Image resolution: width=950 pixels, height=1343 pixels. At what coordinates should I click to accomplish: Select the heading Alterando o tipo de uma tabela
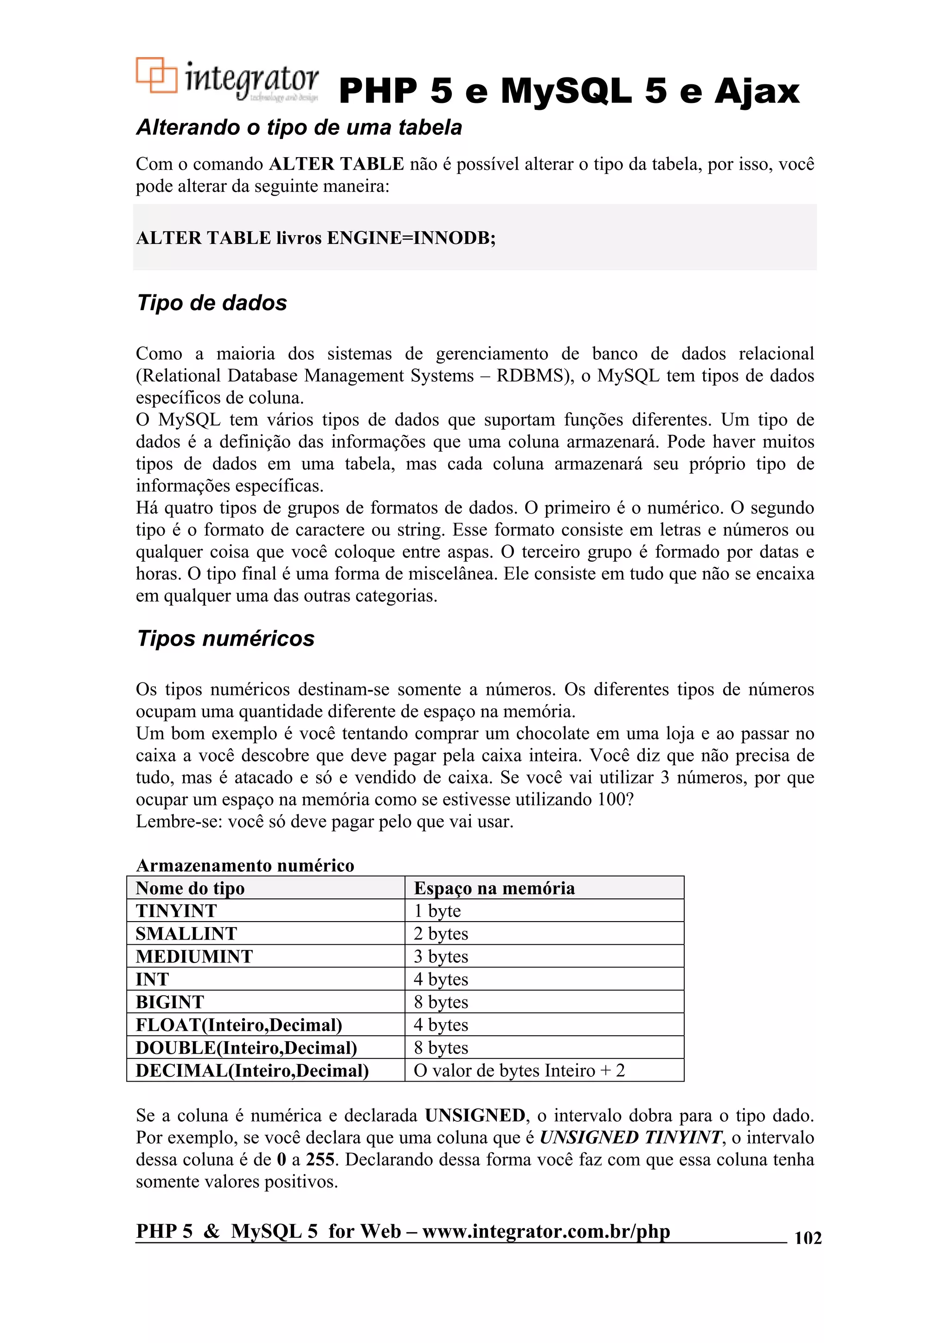pyautogui.click(x=299, y=127)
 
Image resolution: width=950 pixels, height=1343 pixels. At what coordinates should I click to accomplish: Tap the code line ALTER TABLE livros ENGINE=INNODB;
pyautogui.click(x=315, y=238)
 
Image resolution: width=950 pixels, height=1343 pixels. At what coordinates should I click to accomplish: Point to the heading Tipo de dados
pyautogui.click(x=212, y=303)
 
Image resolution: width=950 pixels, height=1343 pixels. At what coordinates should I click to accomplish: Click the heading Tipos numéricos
pyautogui.click(x=225, y=638)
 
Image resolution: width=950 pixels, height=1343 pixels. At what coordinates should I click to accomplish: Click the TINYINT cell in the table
pyautogui.click(x=176, y=911)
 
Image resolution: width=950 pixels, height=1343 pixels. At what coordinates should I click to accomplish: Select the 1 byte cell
pyautogui.click(x=437, y=911)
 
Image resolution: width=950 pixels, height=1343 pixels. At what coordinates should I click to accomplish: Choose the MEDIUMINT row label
pyautogui.click(x=194, y=956)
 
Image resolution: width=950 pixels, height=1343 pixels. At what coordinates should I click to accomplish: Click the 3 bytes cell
pyautogui.click(x=441, y=956)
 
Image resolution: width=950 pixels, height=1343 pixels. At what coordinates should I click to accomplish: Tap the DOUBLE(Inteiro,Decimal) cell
pyautogui.click(x=246, y=1048)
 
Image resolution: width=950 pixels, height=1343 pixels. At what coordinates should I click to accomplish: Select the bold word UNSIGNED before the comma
pyautogui.click(x=475, y=1115)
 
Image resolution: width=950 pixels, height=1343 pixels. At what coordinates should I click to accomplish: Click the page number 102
pyautogui.click(x=808, y=1238)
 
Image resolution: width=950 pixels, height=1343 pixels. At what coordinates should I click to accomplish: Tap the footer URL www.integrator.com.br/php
pyautogui.click(x=546, y=1231)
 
